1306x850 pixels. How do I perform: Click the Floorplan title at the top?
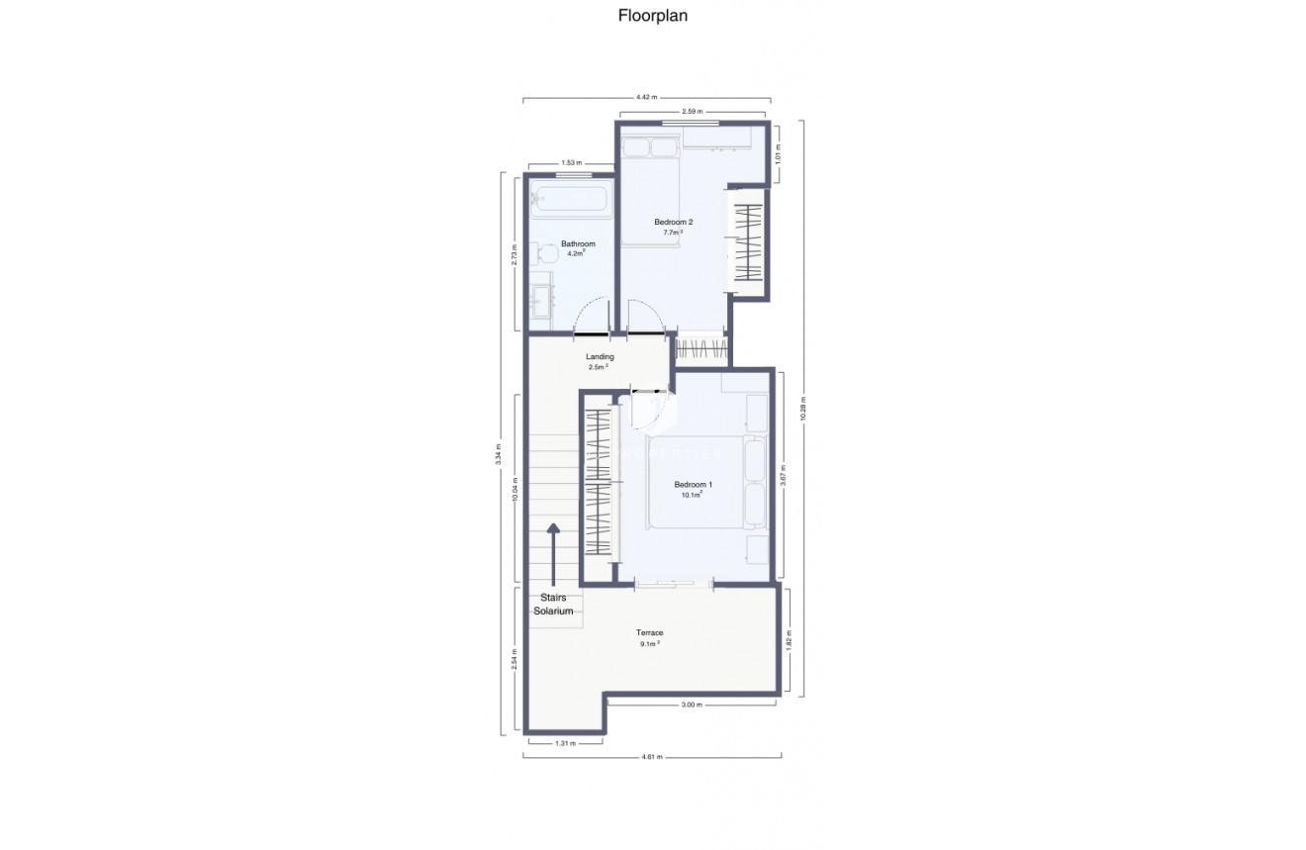click(652, 15)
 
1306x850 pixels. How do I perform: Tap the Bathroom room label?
click(578, 243)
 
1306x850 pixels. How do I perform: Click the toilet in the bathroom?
click(541, 255)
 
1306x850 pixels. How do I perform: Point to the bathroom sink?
click(541, 300)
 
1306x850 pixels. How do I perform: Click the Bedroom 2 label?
click(673, 223)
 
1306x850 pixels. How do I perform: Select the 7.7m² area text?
click(673, 233)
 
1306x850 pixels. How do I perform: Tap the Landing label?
click(600, 356)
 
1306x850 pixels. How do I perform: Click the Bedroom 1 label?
click(693, 484)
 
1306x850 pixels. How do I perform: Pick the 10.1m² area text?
click(693, 495)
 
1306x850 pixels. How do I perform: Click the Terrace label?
click(649, 632)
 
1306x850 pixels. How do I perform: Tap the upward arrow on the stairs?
click(553, 554)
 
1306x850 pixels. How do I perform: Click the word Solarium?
click(553, 612)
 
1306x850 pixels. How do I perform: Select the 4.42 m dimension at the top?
click(645, 97)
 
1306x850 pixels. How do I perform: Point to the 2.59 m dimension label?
click(692, 112)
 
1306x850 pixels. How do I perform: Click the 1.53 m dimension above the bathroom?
click(571, 162)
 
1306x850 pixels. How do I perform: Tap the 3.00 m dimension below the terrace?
click(692, 705)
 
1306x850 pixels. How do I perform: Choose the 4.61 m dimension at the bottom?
click(650, 756)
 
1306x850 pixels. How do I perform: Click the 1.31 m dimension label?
click(564, 741)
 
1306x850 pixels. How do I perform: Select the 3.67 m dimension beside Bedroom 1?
click(783, 475)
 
